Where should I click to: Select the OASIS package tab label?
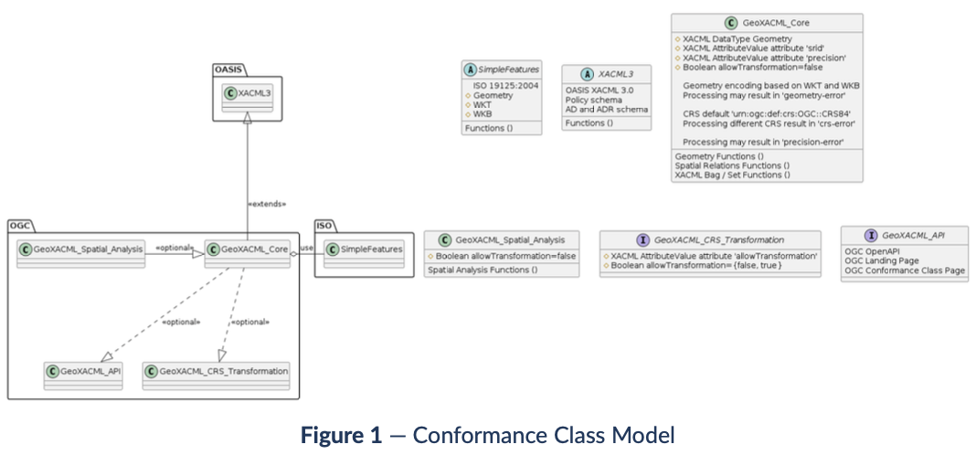point(228,69)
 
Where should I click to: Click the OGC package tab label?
point(21,225)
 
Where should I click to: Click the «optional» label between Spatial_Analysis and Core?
point(175,247)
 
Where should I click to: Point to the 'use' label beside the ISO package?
point(307,247)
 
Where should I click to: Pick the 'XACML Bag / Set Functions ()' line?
point(732,174)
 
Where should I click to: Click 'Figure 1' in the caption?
point(341,436)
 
